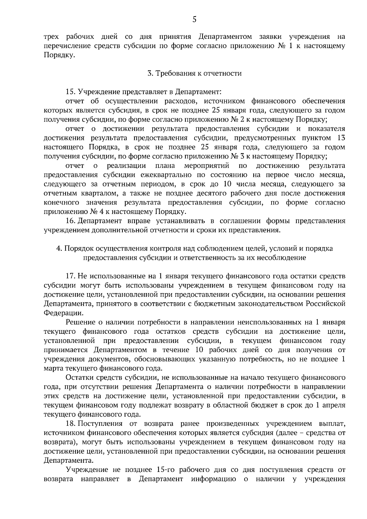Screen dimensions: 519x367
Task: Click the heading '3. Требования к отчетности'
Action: point(195,73)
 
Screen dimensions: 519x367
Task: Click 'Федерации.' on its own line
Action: point(63,313)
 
